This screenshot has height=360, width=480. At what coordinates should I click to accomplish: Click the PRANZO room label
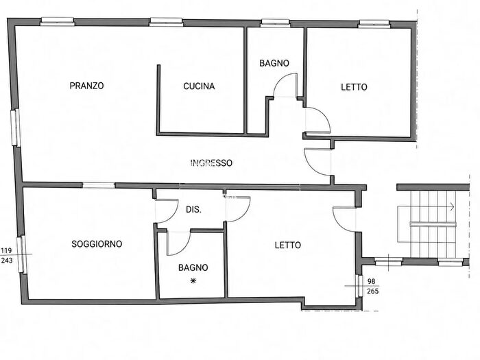coord(86,86)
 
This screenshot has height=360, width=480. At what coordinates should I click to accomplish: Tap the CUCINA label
coord(199,86)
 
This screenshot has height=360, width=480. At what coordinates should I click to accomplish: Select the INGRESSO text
coord(211,163)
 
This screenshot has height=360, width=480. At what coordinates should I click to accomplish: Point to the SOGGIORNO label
coord(97,244)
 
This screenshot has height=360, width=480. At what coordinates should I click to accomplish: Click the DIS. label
coord(194,210)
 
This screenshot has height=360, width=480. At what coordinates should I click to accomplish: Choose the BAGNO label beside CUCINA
coord(274,63)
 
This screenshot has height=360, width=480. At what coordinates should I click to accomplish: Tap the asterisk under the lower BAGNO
coord(193,280)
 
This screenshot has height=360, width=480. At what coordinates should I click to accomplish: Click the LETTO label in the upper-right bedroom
coord(355,87)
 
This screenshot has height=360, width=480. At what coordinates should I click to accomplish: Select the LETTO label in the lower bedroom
coord(288,245)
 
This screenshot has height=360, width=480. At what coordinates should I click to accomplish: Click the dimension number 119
coord(6,250)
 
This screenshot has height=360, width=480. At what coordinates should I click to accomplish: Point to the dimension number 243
coord(7,261)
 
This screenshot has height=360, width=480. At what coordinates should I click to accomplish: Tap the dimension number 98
coord(372,281)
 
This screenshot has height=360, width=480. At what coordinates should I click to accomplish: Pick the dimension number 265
coord(372,291)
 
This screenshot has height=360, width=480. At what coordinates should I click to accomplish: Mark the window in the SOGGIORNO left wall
coord(22,254)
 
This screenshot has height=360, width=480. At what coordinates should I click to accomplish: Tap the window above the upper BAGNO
coord(275,23)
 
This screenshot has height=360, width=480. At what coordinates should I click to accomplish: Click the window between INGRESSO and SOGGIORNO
coord(99,185)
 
